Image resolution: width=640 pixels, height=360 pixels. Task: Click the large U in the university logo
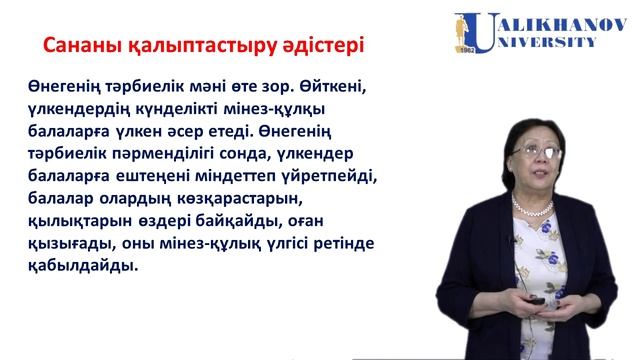coord(471,31)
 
